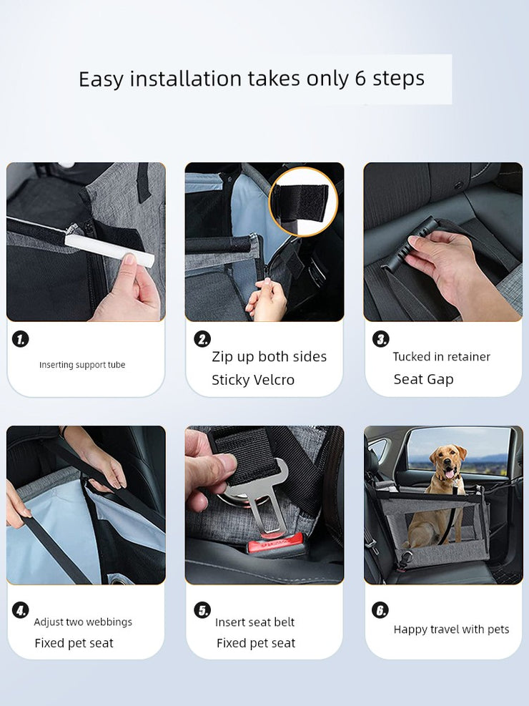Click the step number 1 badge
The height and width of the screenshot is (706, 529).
20,339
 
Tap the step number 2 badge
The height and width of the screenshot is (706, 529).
202,339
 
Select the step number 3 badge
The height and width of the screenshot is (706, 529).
381,339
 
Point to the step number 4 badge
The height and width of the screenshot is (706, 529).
20,610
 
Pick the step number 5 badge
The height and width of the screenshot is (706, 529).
202,610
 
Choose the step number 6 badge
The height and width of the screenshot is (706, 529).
380,610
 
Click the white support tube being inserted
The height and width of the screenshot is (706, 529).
109,249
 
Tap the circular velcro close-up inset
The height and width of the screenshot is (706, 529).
303,201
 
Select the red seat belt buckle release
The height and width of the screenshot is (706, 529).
276,543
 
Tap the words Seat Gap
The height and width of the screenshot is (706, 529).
423,380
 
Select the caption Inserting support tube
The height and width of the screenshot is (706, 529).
82,365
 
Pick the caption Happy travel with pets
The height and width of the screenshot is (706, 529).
451,629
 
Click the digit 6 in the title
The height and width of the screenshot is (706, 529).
360,79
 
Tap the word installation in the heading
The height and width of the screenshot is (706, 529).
187,79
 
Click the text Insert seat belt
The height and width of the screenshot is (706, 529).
254,622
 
